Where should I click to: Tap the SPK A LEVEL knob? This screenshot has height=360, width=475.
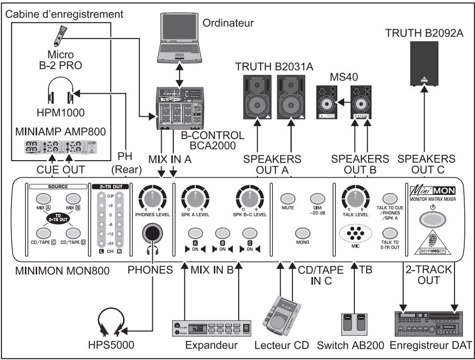point(195,199)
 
